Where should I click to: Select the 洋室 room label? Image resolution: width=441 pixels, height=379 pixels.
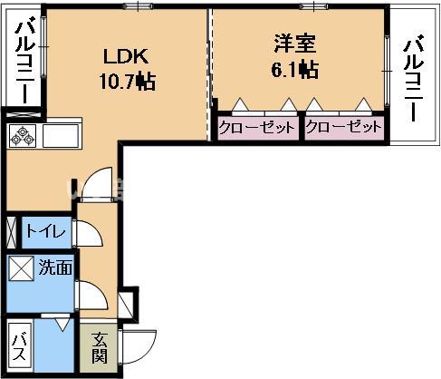tap(295, 43)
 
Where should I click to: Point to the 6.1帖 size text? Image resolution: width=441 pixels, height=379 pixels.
tap(295, 69)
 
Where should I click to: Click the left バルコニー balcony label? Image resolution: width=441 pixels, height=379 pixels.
tap(24, 61)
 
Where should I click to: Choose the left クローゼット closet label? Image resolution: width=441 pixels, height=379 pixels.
tap(257, 128)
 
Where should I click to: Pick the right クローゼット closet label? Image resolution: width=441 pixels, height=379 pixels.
tap(344, 128)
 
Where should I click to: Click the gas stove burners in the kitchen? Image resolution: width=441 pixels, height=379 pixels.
tap(21, 138)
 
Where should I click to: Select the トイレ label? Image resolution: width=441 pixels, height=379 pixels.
tap(45, 232)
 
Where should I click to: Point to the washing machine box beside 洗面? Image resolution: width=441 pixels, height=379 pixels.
tap(21, 269)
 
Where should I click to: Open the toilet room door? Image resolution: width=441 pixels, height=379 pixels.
tap(88, 233)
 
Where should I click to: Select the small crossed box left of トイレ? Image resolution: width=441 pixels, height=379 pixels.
tap(11, 231)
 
